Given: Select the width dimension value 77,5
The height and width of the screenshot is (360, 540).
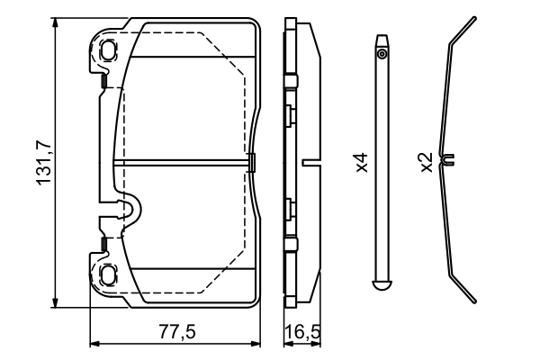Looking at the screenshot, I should click(x=176, y=331).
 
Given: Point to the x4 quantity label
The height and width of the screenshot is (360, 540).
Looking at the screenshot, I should click(x=361, y=163).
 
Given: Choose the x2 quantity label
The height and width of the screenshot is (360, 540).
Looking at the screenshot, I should click(x=426, y=163).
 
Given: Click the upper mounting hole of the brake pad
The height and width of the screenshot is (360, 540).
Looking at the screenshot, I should click(x=108, y=49).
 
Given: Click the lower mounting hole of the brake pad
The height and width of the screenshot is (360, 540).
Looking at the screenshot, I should click(x=108, y=274).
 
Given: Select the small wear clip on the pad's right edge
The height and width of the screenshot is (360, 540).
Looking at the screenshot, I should click(x=251, y=163).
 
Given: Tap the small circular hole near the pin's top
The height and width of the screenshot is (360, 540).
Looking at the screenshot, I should click(x=382, y=55).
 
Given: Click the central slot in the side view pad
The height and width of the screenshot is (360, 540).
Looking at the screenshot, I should click(x=312, y=163).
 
